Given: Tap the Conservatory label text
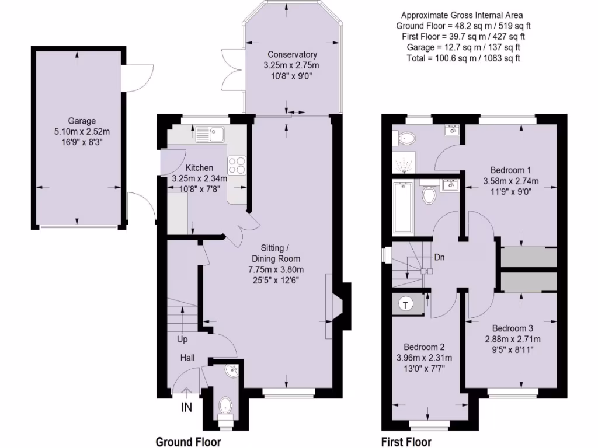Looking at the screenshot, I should click(x=290, y=55).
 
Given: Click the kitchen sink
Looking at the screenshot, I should click(x=211, y=134).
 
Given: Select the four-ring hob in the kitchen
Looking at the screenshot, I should click(x=237, y=165).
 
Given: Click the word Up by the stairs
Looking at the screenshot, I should click(x=183, y=339).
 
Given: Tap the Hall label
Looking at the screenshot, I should click(x=187, y=358).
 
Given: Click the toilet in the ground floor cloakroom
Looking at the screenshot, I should click(x=224, y=404).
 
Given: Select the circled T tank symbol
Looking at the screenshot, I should click(x=405, y=303).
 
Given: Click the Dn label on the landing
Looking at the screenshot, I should click(x=440, y=257).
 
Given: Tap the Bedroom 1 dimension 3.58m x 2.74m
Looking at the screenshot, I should click(x=510, y=180).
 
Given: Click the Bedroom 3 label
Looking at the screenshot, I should click(x=512, y=328).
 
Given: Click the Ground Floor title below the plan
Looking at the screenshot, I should click(x=188, y=442).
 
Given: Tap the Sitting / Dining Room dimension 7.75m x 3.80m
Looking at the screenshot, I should click(x=276, y=269).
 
